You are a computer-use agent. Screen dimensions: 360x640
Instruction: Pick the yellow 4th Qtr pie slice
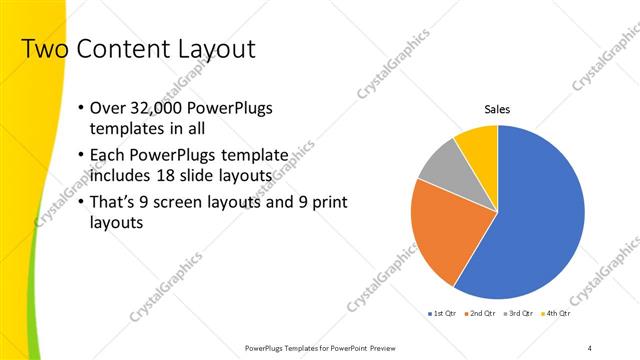pos(478,142)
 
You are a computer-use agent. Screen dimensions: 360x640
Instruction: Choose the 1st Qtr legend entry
pos(440,314)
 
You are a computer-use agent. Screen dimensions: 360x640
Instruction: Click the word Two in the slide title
pos(42,49)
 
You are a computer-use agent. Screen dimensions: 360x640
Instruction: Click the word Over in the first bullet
pos(107,108)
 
